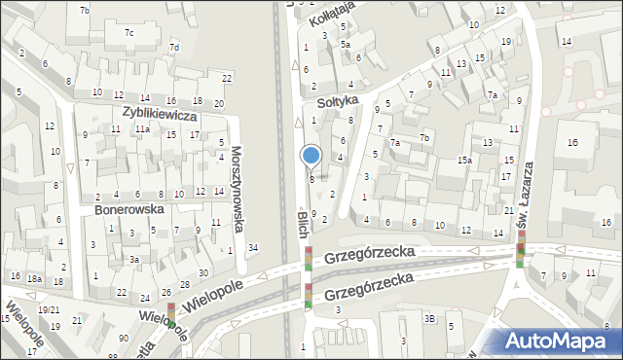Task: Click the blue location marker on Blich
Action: point(311,156)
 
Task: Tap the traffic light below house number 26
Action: point(172,311)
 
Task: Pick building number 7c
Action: point(128,32)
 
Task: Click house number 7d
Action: point(174,47)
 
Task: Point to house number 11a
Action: point(142,128)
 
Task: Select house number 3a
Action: point(135,260)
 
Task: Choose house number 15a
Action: point(466,160)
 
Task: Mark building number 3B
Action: point(429,318)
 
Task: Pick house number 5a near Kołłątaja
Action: point(346,44)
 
